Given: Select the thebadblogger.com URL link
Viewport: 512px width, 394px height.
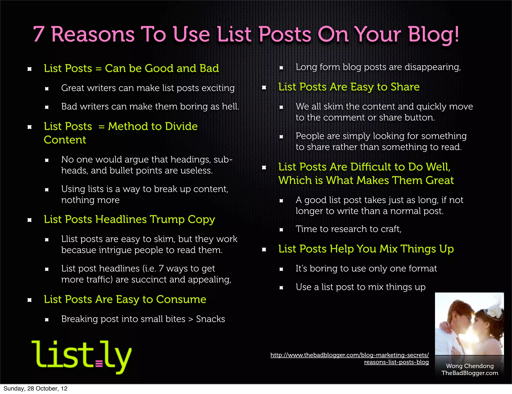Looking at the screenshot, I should [349, 358].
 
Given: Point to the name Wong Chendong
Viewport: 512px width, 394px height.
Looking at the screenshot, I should [470, 366].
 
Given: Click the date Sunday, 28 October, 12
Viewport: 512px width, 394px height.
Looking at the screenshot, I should [35, 388].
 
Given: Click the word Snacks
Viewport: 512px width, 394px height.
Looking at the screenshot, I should [210, 319].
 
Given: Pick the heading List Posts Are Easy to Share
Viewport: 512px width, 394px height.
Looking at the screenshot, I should [349, 87].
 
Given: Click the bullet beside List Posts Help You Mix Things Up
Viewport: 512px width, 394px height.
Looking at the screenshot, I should [264, 249].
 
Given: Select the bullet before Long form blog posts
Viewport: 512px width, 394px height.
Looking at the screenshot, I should [281, 68].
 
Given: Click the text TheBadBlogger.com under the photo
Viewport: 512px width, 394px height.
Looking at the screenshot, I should [470, 373].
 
